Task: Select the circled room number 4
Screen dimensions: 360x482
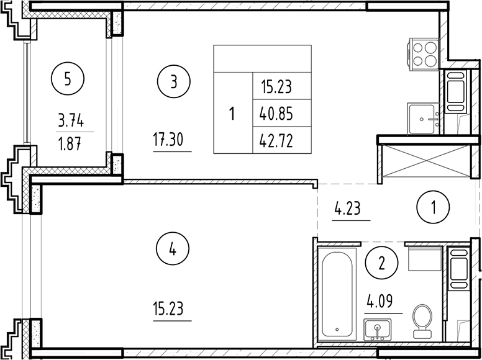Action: pos(173,250)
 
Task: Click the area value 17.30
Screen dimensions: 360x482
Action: pos(171,142)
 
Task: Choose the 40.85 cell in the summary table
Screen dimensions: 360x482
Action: pos(276,114)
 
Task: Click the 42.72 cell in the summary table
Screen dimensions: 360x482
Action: pos(276,141)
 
